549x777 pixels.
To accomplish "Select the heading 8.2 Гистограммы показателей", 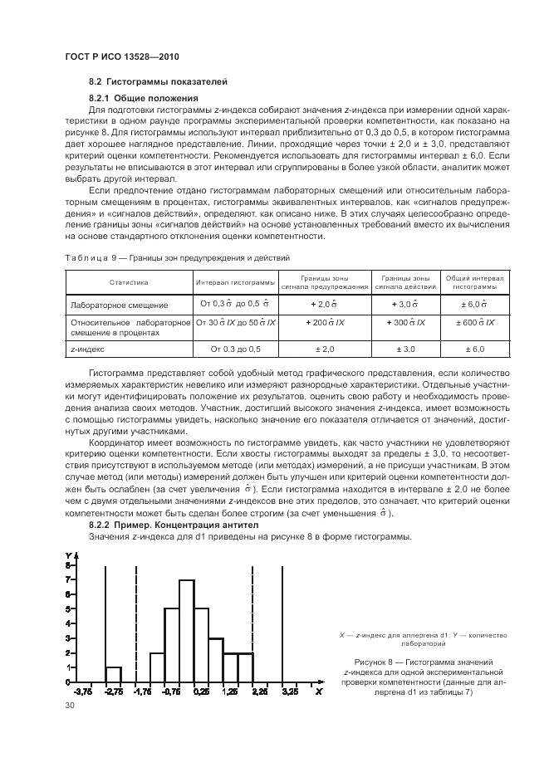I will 146,81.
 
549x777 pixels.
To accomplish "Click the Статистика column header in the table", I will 129,282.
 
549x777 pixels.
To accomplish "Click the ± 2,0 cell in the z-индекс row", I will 324,349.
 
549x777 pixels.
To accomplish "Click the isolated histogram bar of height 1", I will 113,674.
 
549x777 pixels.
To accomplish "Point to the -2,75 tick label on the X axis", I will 112,691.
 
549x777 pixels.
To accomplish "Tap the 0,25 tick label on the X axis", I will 201,691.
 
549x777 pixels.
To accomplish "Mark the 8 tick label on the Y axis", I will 67,565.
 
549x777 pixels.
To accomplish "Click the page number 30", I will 70,705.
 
